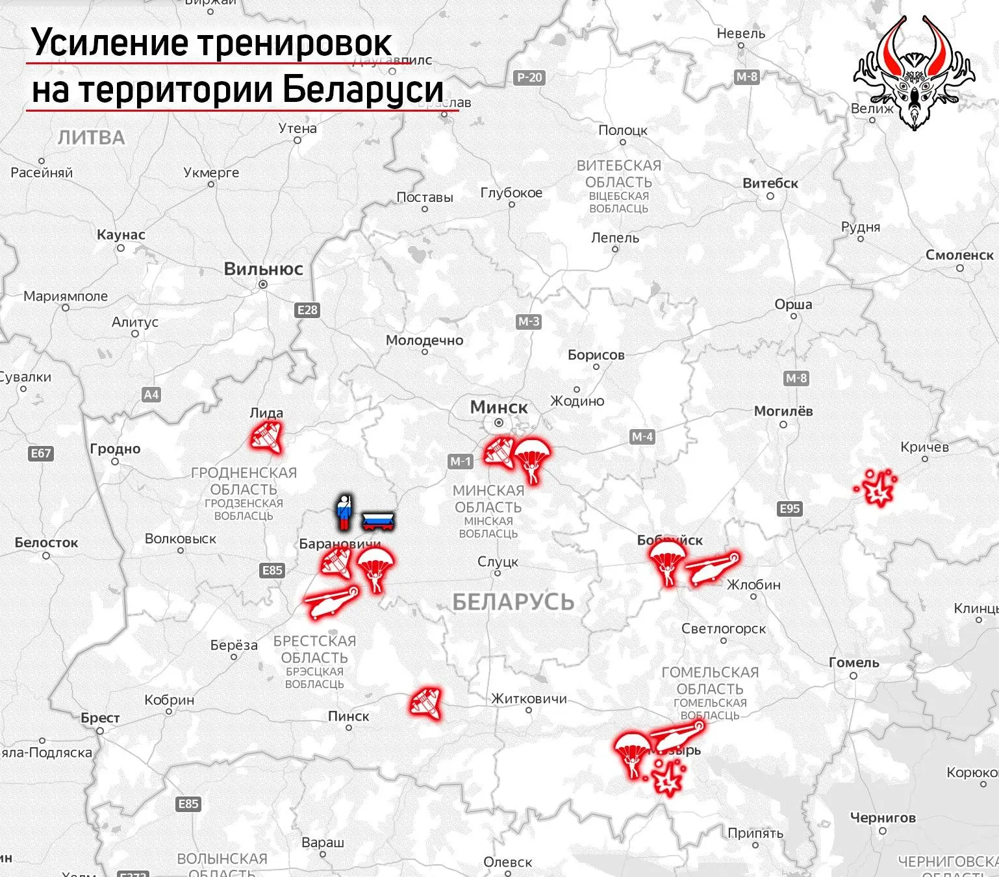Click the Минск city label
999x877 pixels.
pyautogui.click(x=499, y=408)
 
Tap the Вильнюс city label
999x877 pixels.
pyautogui.click(x=263, y=269)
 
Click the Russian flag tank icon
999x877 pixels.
pyautogui.click(x=379, y=520)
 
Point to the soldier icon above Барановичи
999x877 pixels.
pyautogui.click(x=344, y=512)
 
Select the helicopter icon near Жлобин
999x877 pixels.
pyautogui.click(x=712, y=569)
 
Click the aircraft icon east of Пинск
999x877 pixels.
pyautogui.click(x=426, y=703)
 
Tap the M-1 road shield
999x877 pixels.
pyautogui.click(x=461, y=462)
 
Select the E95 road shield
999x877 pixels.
pyautogui.click(x=789, y=508)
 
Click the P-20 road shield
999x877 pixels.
pyautogui.click(x=529, y=78)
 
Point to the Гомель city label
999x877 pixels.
pyautogui.click(x=854, y=663)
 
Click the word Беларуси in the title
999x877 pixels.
pyautogui.click(x=363, y=90)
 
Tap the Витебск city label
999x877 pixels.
pyautogui.click(x=770, y=183)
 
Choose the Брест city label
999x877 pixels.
pyautogui.click(x=100, y=718)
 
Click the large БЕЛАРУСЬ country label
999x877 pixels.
pyautogui.click(x=513, y=602)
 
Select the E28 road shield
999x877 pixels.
pyautogui.click(x=307, y=310)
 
